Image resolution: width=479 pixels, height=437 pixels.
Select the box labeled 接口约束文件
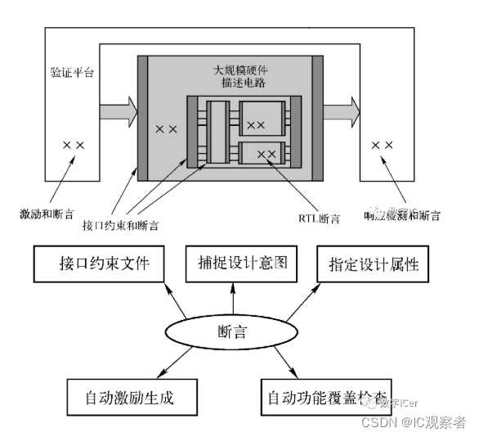[96, 263]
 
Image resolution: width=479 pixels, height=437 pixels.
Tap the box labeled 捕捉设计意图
[233, 263]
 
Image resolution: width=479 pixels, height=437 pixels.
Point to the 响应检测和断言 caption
[401, 216]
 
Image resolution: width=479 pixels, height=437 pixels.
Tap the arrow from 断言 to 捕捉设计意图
[233, 296]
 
